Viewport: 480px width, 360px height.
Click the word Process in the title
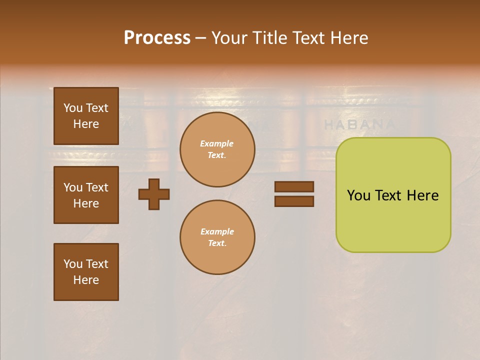pos(157,38)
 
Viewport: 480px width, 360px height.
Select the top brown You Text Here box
pos(86,116)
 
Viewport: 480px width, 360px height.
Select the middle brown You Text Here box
pos(86,195)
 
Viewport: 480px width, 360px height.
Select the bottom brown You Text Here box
pos(86,272)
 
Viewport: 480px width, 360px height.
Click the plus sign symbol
pos(154,194)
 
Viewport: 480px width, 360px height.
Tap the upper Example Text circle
pos(217,149)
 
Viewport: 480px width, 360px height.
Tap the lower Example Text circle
pos(217,237)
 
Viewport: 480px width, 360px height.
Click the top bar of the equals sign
pos(294,186)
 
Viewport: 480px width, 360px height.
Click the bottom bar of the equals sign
pos(294,201)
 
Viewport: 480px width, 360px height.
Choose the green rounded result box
pos(393,195)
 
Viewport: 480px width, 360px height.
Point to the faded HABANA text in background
pos(359,124)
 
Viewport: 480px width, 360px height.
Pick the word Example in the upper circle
pos(216,143)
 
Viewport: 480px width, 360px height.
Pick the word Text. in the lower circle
pos(217,243)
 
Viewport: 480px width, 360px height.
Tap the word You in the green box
pos(358,195)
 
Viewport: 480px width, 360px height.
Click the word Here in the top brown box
pos(86,124)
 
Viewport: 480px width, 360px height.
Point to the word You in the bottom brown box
pos(73,264)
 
